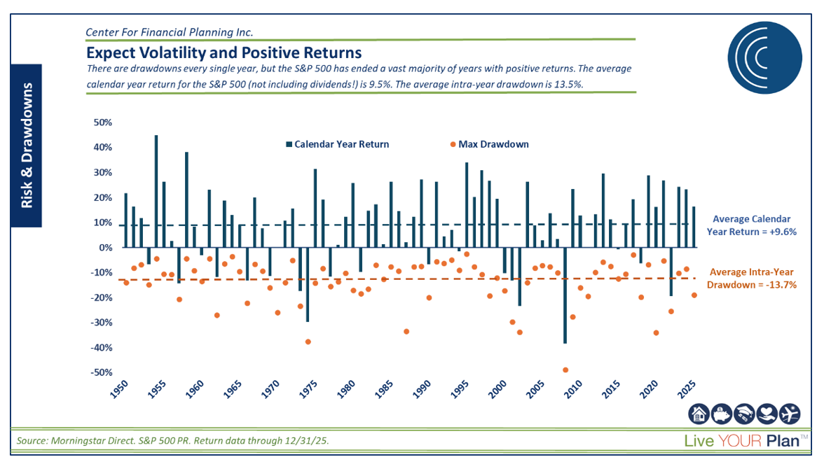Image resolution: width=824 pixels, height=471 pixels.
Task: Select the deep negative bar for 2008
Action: pyautogui.click(x=565, y=295)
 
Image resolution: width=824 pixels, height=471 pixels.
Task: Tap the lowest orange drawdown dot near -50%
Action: pyautogui.click(x=565, y=370)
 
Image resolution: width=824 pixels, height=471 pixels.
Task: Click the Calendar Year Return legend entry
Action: pyautogui.click(x=336, y=144)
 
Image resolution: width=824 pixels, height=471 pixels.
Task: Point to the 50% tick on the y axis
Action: pyautogui.click(x=103, y=122)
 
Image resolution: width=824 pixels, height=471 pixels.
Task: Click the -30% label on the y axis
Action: pyautogui.click(x=102, y=323)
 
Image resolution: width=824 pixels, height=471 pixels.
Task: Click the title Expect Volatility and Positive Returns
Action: pyautogui.click(x=224, y=52)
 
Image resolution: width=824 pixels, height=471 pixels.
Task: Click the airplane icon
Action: pyautogui.click(x=788, y=415)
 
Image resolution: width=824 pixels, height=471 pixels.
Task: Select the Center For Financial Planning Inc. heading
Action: pyautogui.click(x=168, y=32)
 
